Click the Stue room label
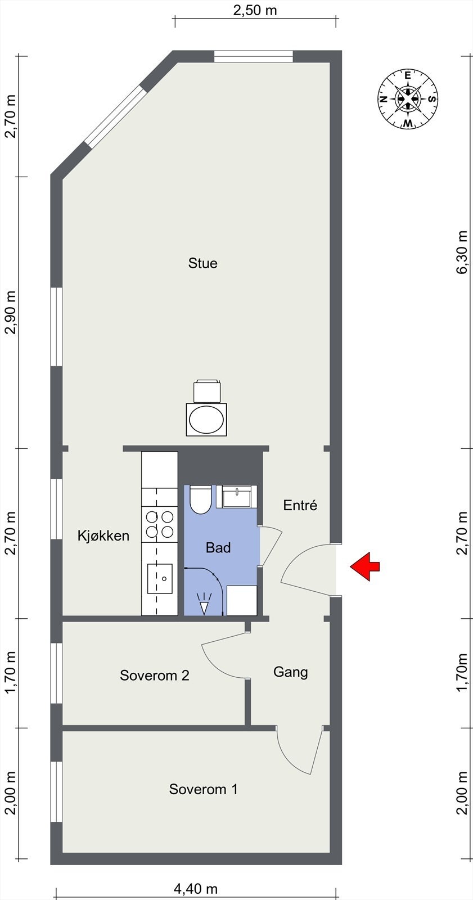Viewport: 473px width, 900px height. point(203,263)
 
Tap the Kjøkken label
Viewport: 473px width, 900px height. point(103,535)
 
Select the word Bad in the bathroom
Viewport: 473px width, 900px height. point(218,547)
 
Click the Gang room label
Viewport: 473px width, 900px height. point(291,672)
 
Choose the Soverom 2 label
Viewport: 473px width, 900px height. point(154,675)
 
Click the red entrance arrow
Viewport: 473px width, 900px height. point(365,566)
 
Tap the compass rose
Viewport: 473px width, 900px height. point(408,99)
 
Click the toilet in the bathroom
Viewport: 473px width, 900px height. point(200,499)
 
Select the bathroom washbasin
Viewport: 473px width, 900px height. point(237,496)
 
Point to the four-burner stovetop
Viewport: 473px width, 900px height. point(160,524)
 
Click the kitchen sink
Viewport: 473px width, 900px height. point(160,579)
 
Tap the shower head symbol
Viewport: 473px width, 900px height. point(204,602)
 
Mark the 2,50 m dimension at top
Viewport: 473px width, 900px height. point(255,11)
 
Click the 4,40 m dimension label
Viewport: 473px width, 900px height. point(196,888)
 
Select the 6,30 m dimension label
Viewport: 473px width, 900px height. point(462,252)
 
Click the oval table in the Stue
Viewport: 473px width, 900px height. point(206,420)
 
